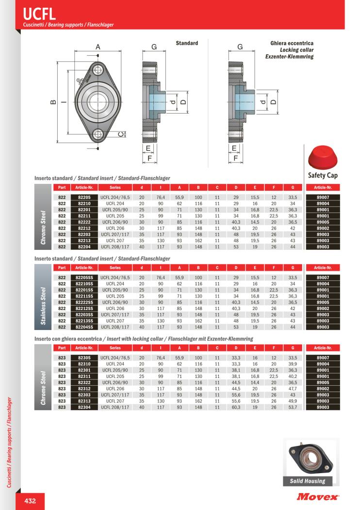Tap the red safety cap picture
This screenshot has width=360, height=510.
pyautogui.click(x=323, y=159)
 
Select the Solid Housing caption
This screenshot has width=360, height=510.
pyautogui.click(x=307, y=481)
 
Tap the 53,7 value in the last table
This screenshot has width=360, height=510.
pyautogui.click(x=293, y=407)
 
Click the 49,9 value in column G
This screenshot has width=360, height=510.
pyautogui.click(x=293, y=401)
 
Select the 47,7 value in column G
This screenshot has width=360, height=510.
pyautogui.click(x=293, y=389)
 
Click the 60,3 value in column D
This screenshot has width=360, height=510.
pyautogui.click(x=236, y=407)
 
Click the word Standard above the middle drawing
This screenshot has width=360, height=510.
pyautogui.click(x=187, y=43)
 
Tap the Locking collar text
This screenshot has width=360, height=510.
pyautogui.click(x=296, y=50)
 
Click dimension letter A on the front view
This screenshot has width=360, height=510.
pyautogui.click(x=98, y=47)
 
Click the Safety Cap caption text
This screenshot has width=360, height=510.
pyautogui.click(x=323, y=176)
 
